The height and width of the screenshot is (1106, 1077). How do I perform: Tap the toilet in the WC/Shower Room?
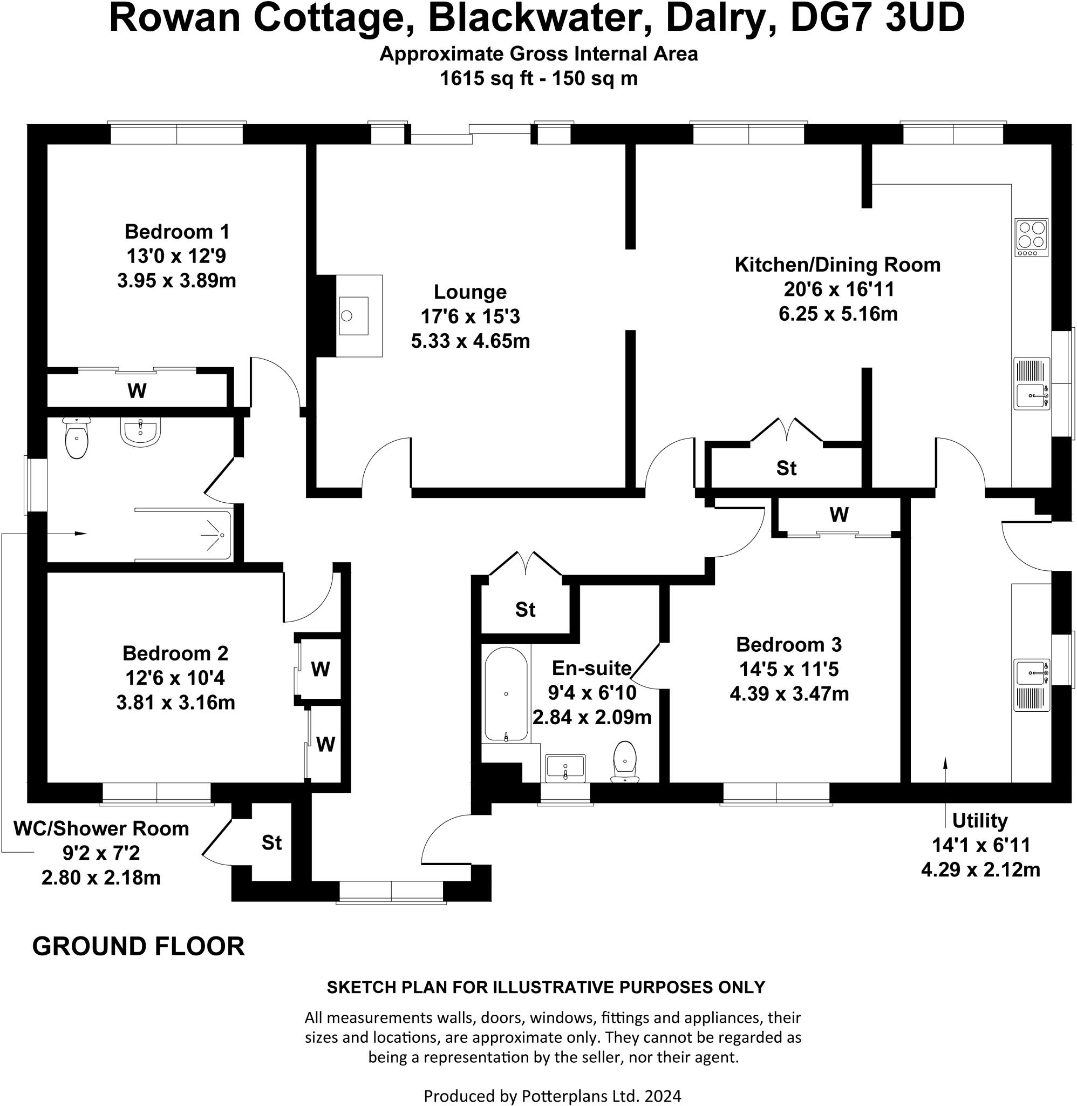click(x=77, y=439)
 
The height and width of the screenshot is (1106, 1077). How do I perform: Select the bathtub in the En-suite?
click(x=506, y=695)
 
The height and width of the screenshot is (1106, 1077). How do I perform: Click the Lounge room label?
click(x=470, y=292)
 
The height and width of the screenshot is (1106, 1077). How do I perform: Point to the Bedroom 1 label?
click(x=177, y=232)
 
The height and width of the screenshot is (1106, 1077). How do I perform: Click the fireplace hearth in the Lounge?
click(x=359, y=315)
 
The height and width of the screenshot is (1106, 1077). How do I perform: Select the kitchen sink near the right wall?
click(x=1031, y=395)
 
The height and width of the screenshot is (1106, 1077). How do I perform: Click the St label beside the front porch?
click(x=271, y=843)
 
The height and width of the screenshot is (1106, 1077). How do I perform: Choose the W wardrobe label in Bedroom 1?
click(x=138, y=390)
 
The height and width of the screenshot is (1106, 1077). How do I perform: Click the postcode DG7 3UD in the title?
click(x=877, y=18)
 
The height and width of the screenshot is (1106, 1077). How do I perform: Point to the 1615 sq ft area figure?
click(x=487, y=78)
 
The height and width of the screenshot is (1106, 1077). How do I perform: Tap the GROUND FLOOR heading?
click(x=139, y=946)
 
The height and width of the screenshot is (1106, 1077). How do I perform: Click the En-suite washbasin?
click(x=565, y=767)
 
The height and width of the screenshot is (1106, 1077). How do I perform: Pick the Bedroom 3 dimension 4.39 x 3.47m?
click(x=789, y=693)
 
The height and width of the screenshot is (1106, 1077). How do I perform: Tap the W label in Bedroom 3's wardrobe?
click(x=839, y=515)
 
